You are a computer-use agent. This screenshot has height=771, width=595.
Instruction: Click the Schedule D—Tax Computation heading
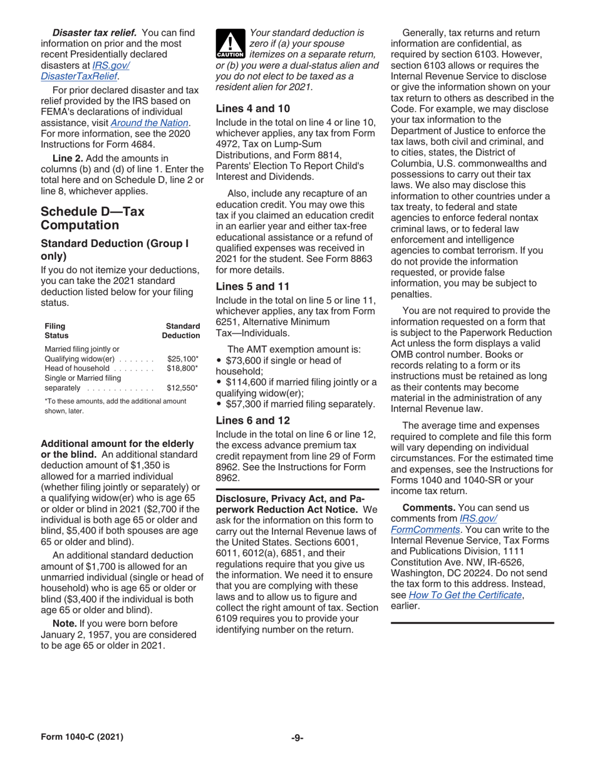[x=92, y=218]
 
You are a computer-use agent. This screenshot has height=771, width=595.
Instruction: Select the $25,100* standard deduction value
[x=183, y=359]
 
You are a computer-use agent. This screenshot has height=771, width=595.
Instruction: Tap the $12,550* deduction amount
[x=183, y=388]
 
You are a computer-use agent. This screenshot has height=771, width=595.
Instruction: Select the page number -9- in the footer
[x=297, y=738]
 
